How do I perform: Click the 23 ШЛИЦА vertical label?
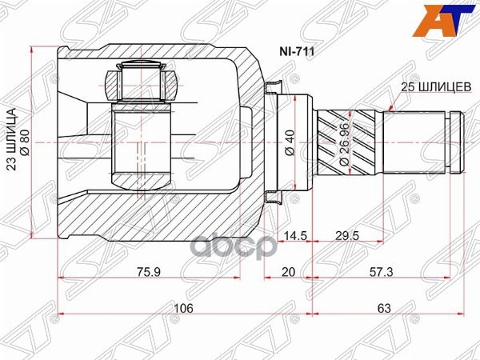click(x=12, y=143)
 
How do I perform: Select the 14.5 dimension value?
click(x=294, y=237)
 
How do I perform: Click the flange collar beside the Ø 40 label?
click(x=273, y=143)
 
